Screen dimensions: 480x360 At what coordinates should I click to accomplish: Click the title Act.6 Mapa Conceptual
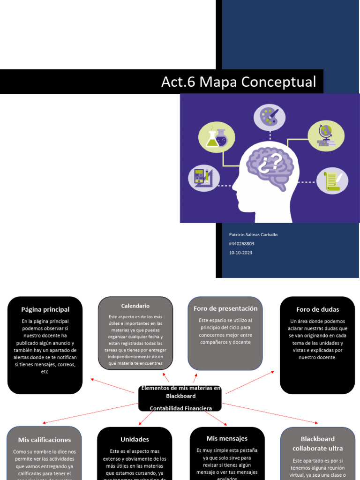coord(239,82)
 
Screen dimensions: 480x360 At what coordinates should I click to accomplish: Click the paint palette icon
coord(270,117)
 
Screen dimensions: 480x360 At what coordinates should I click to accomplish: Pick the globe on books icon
coord(325,135)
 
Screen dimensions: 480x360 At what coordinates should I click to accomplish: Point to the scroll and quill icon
coord(332,181)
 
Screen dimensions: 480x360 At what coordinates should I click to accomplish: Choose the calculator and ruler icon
coord(204,178)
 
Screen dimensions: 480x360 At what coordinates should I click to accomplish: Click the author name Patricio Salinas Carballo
coord(253,235)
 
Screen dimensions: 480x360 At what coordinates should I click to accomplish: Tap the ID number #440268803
coord(241,244)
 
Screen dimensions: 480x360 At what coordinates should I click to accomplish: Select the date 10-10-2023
coord(240,253)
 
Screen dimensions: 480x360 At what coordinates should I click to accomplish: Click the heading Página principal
coord(45,309)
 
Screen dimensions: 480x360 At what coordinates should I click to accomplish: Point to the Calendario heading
coord(135,306)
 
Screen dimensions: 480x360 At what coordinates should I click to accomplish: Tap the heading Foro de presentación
coord(225,308)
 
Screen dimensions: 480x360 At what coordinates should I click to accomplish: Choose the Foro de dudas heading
coord(317,309)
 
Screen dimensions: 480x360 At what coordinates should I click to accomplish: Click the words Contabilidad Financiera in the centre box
coord(180,408)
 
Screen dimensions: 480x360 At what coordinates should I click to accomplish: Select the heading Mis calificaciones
coord(45,440)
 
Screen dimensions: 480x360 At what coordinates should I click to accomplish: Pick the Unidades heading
coord(135,439)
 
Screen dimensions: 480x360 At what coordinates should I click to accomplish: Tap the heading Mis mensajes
coord(227,438)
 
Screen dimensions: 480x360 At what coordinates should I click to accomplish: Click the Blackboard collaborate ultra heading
coord(317,443)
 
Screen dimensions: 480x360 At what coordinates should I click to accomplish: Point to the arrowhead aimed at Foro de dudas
coord(273,372)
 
